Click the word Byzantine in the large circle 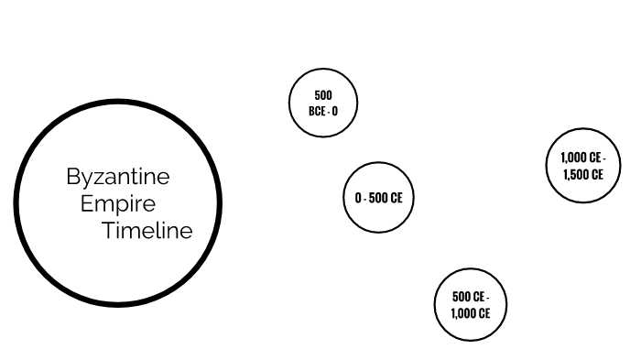(x=118, y=177)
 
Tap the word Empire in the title (x=118, y=203)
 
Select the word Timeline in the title (x=147, y=231)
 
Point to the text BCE (x=318, y=111)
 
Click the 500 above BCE (x=323, y=95)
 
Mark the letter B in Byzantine (x=72, y=177)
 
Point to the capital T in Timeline (x=107, y=231)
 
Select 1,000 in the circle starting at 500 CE (x=462, y=313)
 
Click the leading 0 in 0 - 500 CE (x=358, y=198)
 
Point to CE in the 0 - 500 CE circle (x=397, y=198)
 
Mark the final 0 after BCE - (x=334, y=111)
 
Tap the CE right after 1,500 (x=597, y=174)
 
